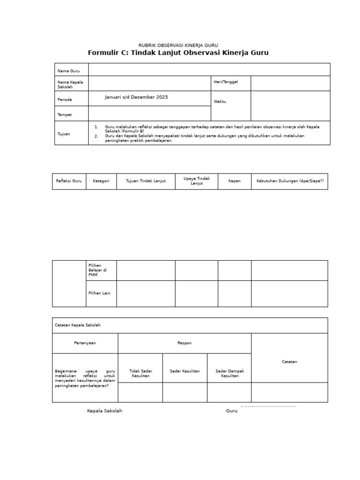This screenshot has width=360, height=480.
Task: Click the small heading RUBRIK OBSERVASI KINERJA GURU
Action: (x=178, y=45)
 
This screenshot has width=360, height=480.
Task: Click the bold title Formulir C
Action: (x=178, y=53)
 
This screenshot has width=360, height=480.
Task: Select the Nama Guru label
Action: (x=68, y=71)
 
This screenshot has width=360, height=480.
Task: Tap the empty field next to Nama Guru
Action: (x=209, y=70)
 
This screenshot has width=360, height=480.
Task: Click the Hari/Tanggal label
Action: (x=226, y=82)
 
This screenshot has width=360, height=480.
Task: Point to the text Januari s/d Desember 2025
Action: (x=136, y=97)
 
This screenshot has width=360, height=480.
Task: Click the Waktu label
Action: (x=220, y=101)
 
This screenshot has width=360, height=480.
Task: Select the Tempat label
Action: (x=65, y=114)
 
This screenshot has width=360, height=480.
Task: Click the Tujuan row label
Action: (x=64, y=134)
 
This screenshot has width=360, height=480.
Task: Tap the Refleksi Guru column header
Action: (x=69, y=181)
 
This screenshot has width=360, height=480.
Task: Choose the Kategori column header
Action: (x=101, y=181)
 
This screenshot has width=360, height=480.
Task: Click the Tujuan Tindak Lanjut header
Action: (x=146, y=181)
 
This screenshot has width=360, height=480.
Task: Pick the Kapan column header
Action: (x=234, y=181)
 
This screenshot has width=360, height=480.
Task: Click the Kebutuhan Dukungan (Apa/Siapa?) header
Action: (x=289, y=181)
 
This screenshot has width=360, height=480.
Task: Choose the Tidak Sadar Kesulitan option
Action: (x=140, y=373)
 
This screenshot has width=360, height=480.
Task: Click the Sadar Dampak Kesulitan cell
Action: (x=229, y=373)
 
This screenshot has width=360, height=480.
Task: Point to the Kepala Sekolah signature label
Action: (x=105, y=411)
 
